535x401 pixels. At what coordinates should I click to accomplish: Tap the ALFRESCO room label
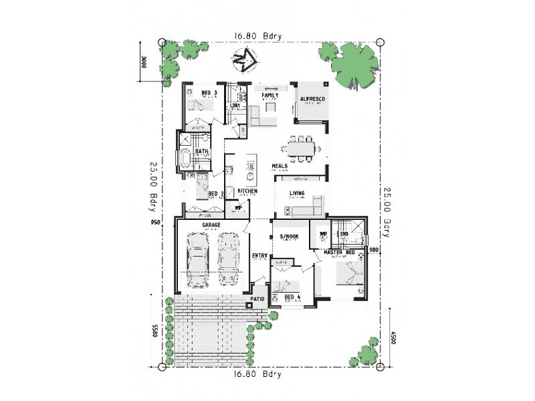(x=312, y=99)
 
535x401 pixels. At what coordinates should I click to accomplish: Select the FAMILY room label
(x=269, y=96)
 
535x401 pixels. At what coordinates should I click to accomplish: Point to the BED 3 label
(x=209, y=93)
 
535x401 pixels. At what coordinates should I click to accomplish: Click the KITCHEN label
(x=247, y=191)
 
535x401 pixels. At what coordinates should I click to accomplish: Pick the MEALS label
(x=280, y=166)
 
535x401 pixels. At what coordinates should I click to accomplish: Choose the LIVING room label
(x=297, y=194)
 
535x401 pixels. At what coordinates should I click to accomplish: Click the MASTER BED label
(x=338, y=252)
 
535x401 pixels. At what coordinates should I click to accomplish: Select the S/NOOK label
(x=289, y=237)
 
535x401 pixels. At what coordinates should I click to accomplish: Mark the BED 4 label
(x=292, y=296)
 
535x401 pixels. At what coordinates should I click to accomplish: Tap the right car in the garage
(x=228, y=256)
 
